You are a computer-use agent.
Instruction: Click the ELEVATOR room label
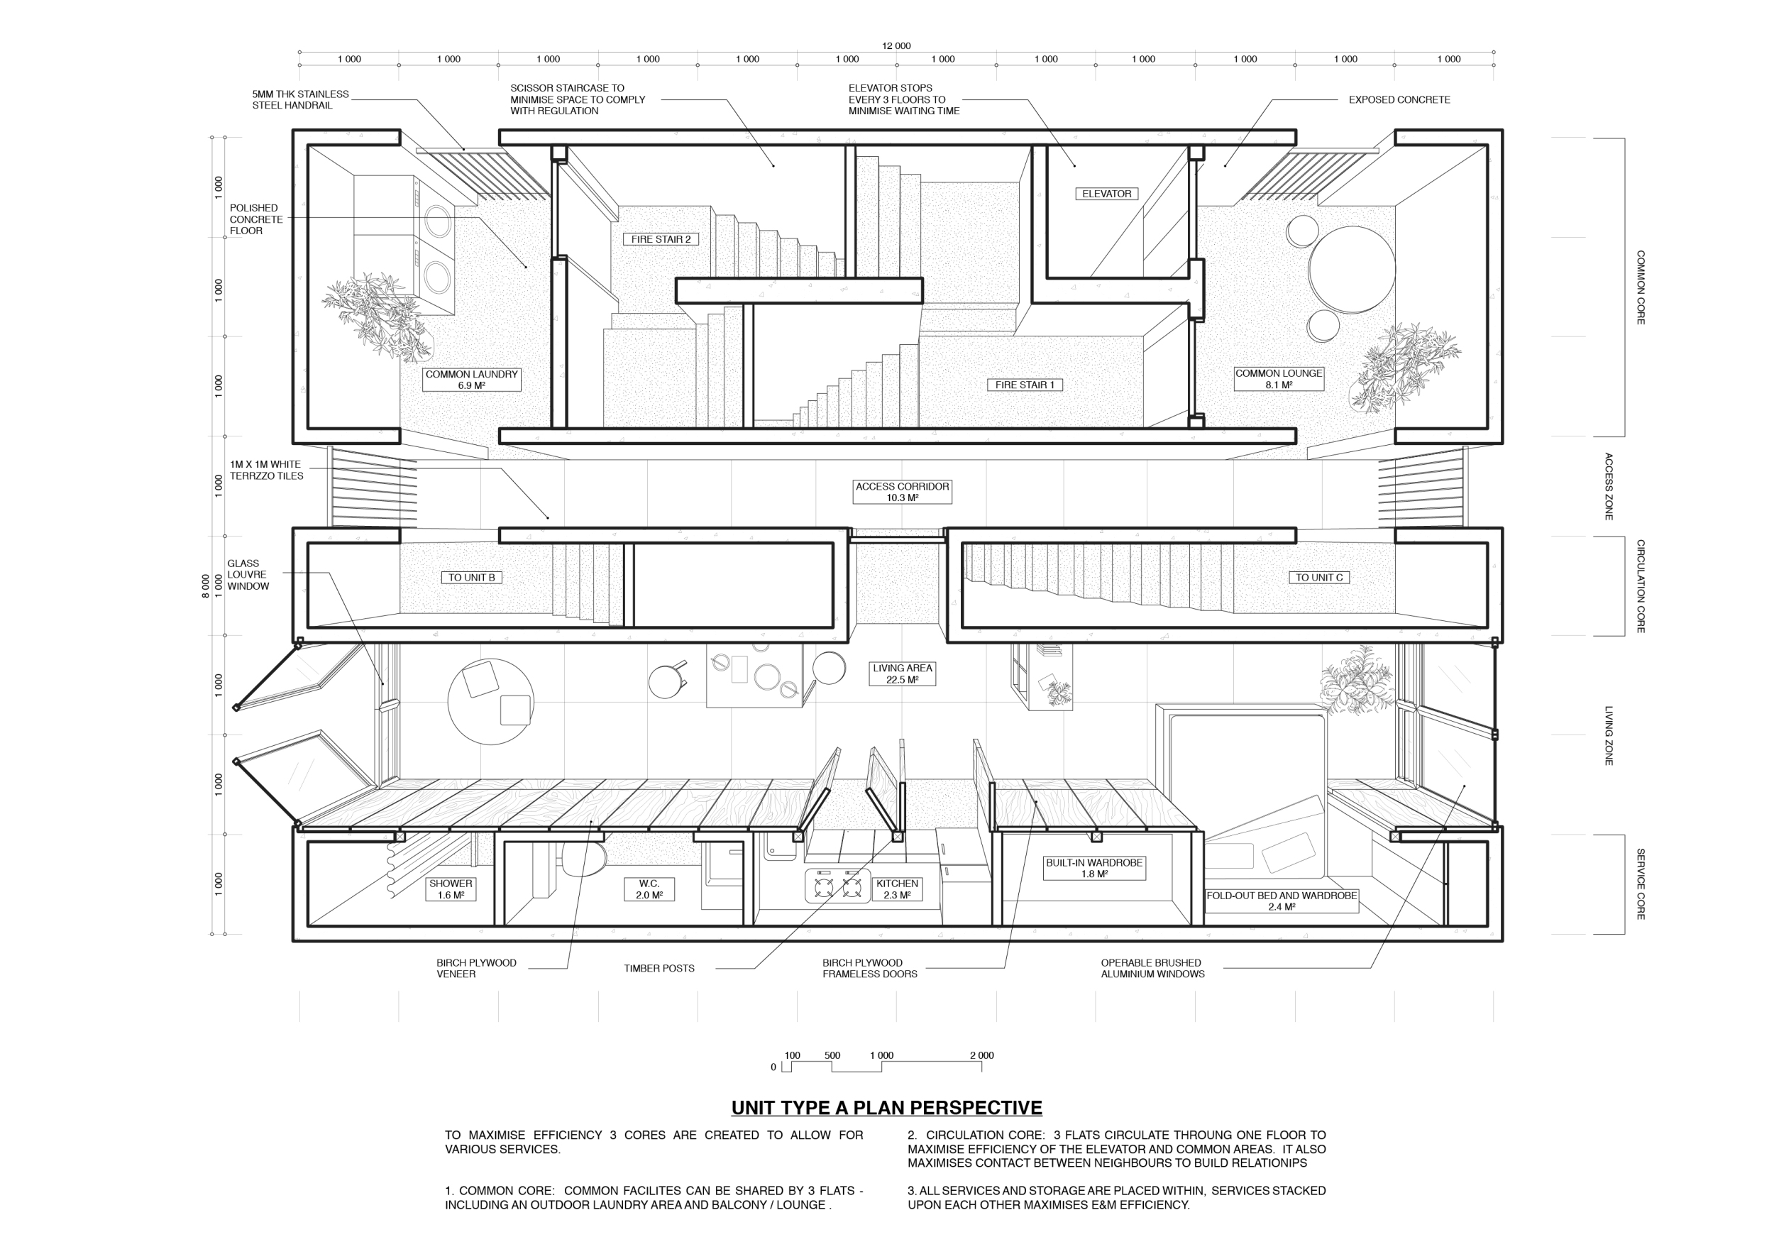(x=1106, y=194)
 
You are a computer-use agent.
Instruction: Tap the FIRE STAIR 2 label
(x=661, y=240)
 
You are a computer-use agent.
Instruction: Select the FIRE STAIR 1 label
(x=1025, y=385)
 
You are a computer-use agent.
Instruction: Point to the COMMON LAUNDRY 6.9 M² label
(x=471, y=380)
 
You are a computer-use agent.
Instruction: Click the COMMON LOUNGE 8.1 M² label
(x=1279, y=378)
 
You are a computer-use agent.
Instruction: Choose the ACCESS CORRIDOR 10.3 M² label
(x=902, y=493)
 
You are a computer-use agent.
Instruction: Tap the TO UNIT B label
(x=471, y=578)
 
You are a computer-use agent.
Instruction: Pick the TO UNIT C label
(x=1319, y=578)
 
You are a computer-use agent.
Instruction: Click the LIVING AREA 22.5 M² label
(x=902, y=673)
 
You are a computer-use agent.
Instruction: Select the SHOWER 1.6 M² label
(x=451, y=889)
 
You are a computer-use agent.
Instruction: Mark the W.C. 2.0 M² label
(x=649, y=889)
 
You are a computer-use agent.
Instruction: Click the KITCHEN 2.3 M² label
(x=897, y=889)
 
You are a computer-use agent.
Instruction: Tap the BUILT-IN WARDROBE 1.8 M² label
(x=1094, y=869)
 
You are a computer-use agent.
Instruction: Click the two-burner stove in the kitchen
(x=837, y=886)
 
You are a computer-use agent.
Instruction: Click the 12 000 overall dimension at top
(x=896, y=45)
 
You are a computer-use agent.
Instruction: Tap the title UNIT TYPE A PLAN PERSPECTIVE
(x=886, y=1108)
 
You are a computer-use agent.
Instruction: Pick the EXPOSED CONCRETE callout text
(x=1399, y=99)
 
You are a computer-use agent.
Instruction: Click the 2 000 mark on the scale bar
(x=981, y=1055)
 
